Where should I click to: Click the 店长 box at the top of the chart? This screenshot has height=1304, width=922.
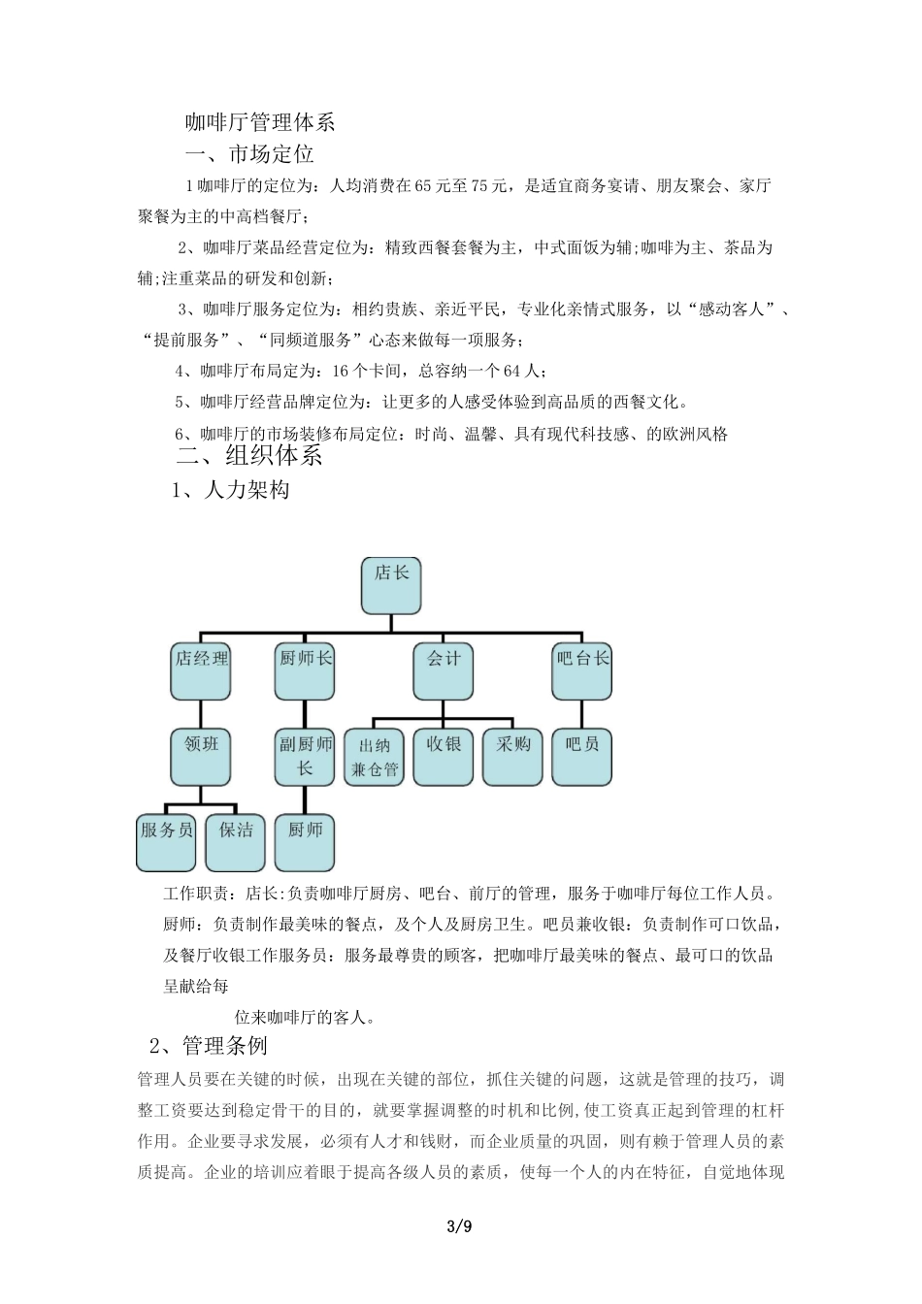391,585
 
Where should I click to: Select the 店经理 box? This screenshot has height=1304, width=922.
201,670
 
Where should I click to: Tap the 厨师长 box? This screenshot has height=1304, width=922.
305,670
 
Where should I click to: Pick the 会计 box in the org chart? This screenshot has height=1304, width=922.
444,670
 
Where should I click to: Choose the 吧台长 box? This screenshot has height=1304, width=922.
582,670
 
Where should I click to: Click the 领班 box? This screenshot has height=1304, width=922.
201,756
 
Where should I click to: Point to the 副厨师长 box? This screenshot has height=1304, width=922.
305,756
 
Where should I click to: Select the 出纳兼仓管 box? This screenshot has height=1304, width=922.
375,757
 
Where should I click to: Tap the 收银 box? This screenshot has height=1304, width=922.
444,756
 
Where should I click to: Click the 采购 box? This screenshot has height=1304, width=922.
512,756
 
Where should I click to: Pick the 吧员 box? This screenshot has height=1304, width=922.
582,756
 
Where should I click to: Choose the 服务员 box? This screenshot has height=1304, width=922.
167,841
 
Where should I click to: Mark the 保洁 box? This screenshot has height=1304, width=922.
236,841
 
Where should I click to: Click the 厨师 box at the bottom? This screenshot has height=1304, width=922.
305,841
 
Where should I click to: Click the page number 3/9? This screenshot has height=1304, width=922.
460,1226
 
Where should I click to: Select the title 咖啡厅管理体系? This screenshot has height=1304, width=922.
260,122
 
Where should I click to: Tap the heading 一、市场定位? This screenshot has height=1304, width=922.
249,153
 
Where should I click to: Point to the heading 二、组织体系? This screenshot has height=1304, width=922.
250,455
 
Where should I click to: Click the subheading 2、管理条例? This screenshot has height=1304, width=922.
209,1046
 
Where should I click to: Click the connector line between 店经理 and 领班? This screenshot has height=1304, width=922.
201,714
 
